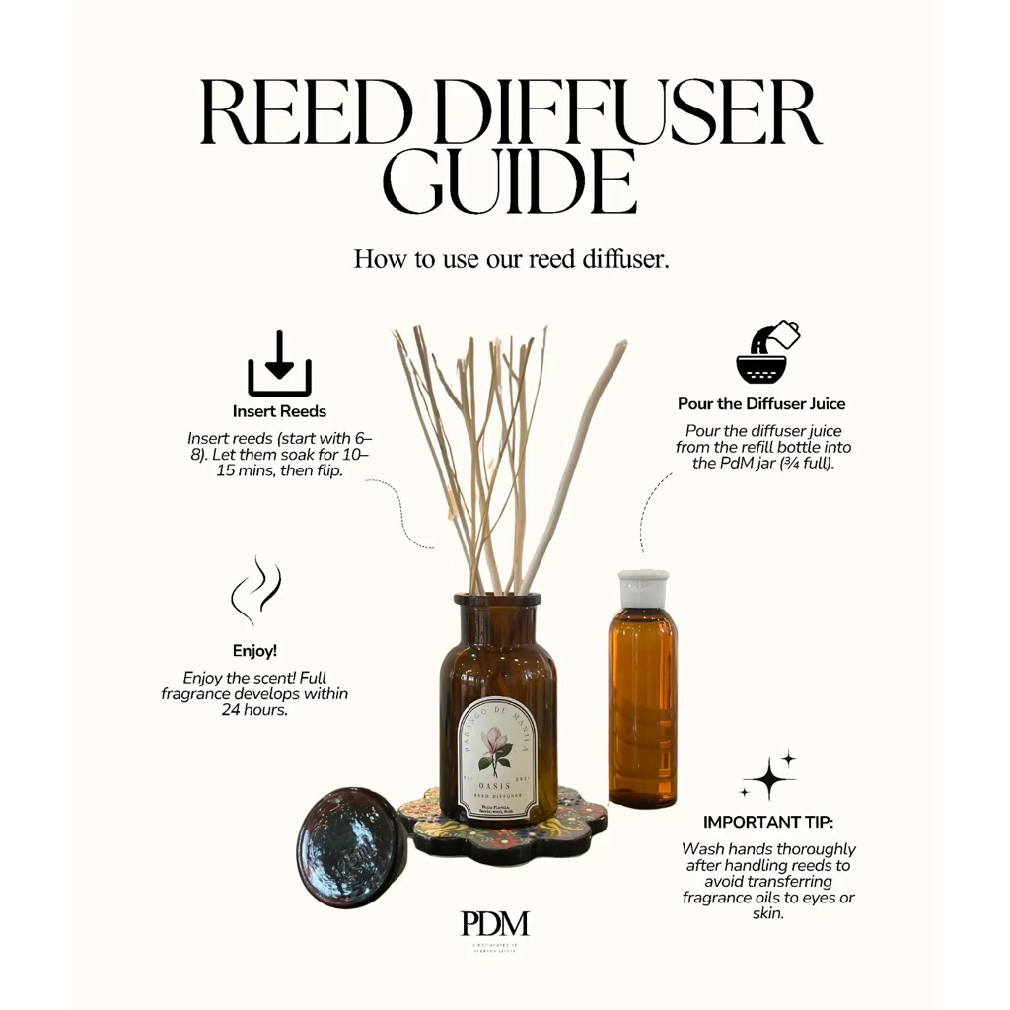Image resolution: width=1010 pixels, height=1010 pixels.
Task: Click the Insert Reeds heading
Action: click(x=279, y=411)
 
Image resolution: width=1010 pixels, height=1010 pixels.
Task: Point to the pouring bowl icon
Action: click(x=766, y=351)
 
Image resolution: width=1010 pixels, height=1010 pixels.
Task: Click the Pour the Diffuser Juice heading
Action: click(x=760, y=403)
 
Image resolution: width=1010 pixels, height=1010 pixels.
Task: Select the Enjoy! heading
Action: click(x=254, y=651)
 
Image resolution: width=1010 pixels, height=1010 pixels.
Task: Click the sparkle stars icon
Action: click(x=769, y=777)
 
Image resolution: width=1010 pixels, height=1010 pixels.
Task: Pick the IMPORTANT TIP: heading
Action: click(x=767, y=822)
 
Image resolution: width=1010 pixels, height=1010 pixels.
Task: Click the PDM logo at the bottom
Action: click(x=495, y=923)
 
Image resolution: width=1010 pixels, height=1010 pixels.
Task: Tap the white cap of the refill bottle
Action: click(x=642, y=587)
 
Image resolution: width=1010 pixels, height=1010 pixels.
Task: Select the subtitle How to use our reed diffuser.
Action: click(x=511, y=259)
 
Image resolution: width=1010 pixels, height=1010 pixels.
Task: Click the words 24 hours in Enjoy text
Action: click(x=254, y=709)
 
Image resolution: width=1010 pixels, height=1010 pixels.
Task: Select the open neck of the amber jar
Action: click(x=498, y=600)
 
